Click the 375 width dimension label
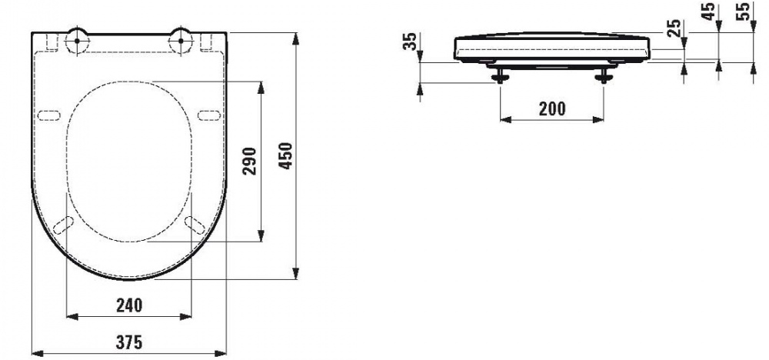click(x=129, y=342)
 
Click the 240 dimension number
click(x=129, y=305)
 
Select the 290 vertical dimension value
click(x=249, y=162)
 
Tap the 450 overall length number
click(x=285, y=155)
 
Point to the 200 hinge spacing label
click(x=552, y=108)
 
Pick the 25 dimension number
click(x=675, y=28)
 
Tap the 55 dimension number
click(x=744, y=12)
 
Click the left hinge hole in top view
click(x=77, y=42)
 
